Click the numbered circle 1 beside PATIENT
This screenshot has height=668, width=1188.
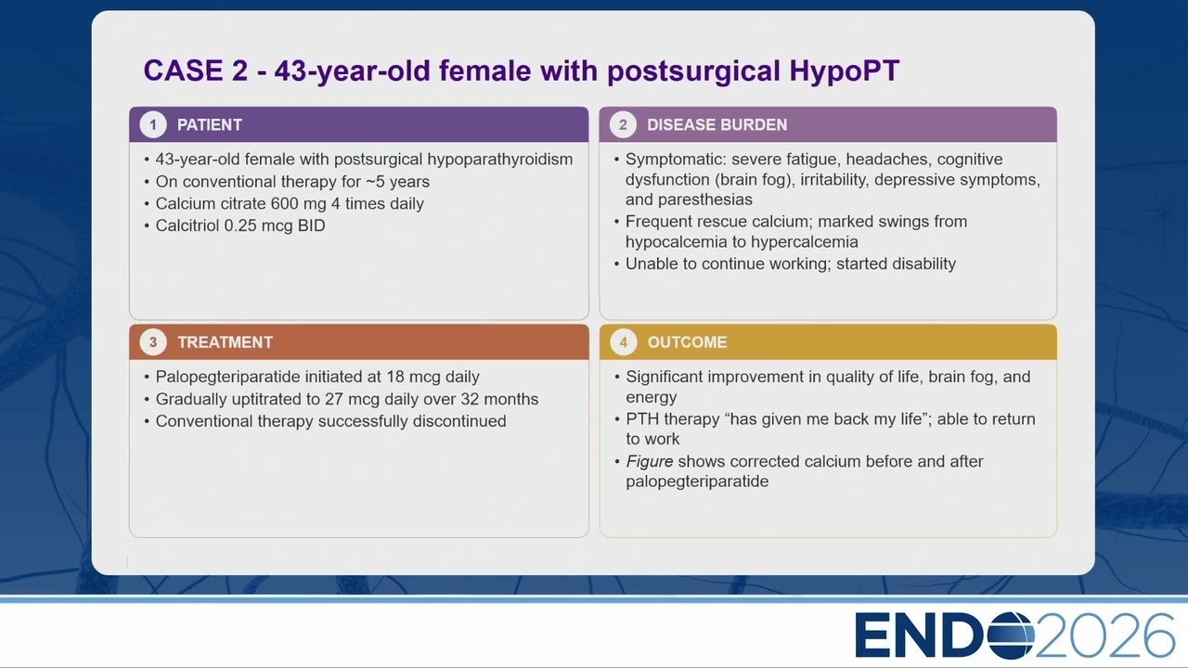pos(153,125)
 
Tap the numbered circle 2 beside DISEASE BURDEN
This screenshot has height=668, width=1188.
pos(623,125)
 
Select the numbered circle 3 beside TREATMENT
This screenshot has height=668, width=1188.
pos(153,342)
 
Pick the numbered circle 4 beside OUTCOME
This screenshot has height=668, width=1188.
pos(624,342)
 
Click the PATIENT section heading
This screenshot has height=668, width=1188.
pos(210,125)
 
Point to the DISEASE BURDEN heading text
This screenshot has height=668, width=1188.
pos(717,125)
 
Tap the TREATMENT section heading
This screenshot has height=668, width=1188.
pos(225,342)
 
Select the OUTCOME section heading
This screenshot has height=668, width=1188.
pos(687,342)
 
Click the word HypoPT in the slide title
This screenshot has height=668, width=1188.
pos(845,71)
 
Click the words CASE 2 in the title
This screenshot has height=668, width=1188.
pos(196,71)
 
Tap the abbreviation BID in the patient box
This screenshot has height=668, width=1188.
pos(311,225)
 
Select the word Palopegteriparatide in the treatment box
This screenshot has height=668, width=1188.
pos(227,378)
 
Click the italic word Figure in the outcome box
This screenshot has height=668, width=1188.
pos(649,462)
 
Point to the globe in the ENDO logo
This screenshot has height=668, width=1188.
pos(1011,636)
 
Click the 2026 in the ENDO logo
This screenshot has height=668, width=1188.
pos(1104,636)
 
